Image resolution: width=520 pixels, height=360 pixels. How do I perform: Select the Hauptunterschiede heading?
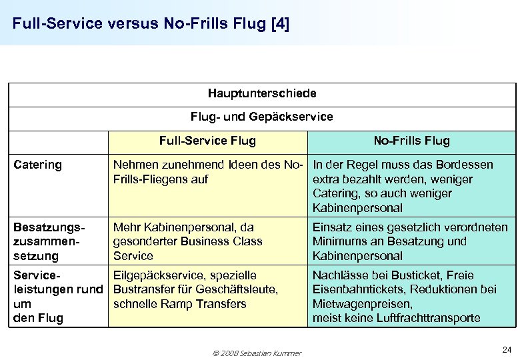pyautogui.click(x=262, y=93)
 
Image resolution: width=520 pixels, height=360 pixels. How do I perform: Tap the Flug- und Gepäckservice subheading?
pyautogui.click(x=262, y=117)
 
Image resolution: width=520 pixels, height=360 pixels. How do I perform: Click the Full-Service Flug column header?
pyautogui.click(x=207, y=141)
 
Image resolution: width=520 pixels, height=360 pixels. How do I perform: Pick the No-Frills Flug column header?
pyautogui.click(x=411, y=141)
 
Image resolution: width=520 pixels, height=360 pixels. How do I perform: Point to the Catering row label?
pyautogui.click(x=37, y=165)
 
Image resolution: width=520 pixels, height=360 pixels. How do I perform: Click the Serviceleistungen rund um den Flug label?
pyautogui.click(x=57, y=297)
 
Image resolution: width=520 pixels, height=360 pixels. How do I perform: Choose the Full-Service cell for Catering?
pyautogui.click(x=208, y=172)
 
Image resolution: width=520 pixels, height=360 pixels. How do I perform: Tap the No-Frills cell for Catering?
pyautogui.click(x=411, y=186)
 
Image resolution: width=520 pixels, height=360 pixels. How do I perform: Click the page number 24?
pyautogui.click(x=506, y=349)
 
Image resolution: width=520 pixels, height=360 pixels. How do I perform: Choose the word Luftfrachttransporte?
pyautogui.click(x=433, y=318)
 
